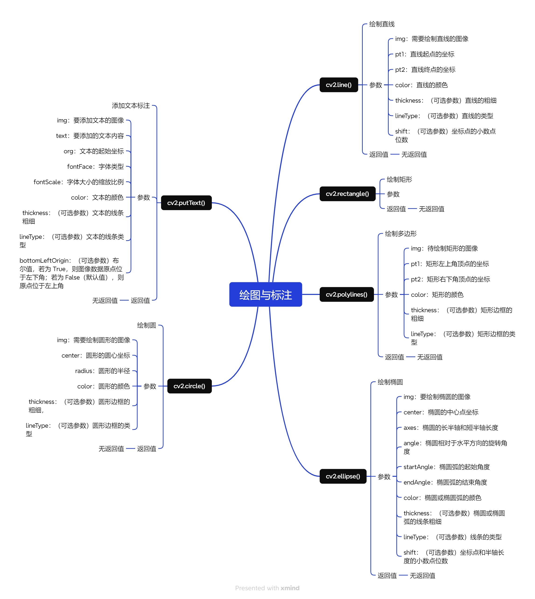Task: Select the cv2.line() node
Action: (x=339, y=85)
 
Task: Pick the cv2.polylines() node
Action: (x=346, y=294)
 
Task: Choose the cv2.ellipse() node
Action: (x=343, y=476)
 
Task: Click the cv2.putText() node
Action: (x=186, y=203)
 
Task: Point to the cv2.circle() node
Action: (x=189, y=386)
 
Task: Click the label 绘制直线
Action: (x=382, y=24)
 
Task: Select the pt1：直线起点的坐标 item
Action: (x=424, y=54)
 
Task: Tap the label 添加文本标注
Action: (x=131, y=106)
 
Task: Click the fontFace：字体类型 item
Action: (x=95, y=167)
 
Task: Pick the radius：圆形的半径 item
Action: (x=102, y=371)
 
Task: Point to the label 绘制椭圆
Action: (x=390, y=382)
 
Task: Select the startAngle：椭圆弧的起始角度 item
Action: (x=446, y=467)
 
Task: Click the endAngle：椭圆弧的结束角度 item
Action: (x=445, y=482)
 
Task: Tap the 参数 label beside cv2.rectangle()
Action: (x=393, y=194)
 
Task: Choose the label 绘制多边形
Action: (x=401, y=234)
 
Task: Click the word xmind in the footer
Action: (x=290, y=588)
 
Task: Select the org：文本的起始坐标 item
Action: (x=93, y=151)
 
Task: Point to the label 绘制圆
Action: (x=146, y=325)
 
